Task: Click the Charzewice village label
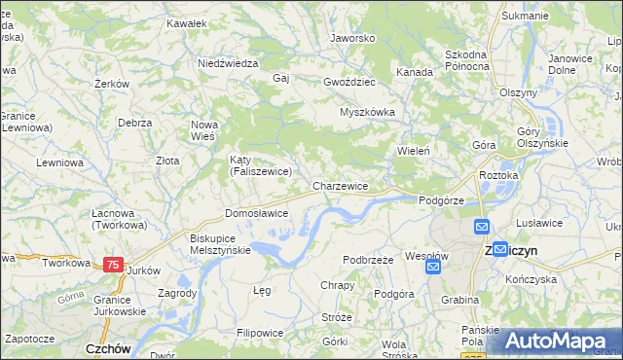tap(340, 185)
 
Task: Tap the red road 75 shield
tap(113, 264)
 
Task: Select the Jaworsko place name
tap(352, 38)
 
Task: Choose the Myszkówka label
tap(367, 112)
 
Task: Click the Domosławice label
tap(256, 212)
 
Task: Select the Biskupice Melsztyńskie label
tap(220, 243)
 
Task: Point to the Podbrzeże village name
tap(368, 260)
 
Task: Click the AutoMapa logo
tap(551, 341)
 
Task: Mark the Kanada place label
tap(414, 72)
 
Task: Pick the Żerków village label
tap(113, 84)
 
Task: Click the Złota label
tap(167, 161)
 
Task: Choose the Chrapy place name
tap(337, 285)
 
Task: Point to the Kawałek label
tap(187, 22)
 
